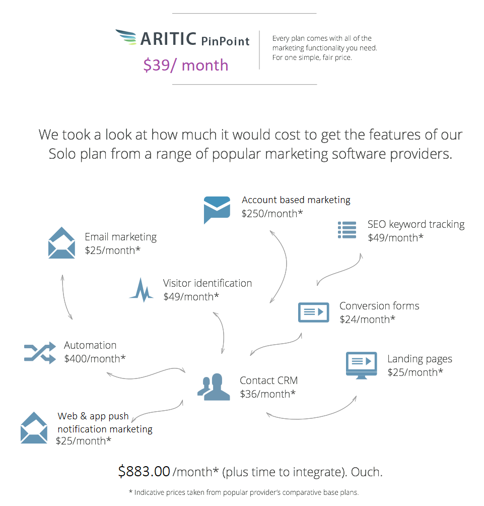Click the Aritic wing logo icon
point(126,37)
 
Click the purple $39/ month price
point(186,65)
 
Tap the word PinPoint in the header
point(226,41)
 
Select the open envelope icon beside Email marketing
point(61,243)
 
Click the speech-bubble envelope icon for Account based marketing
point(217,210)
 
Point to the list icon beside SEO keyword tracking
point(347,230)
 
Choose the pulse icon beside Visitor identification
point(141,290)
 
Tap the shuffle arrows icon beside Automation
point(40,353)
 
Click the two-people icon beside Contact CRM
point(214,387)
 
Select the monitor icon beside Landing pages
point(362,365)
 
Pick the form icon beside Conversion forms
point(314,312)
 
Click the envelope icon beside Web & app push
point(34,427)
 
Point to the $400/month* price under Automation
point(95,359)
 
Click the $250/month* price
point(272,214)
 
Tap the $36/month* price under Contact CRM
point(267,394)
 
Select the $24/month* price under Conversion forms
point(367,320)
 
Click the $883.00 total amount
point(144,471)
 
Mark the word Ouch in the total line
point(367,472)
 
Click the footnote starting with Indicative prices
point(244,492)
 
